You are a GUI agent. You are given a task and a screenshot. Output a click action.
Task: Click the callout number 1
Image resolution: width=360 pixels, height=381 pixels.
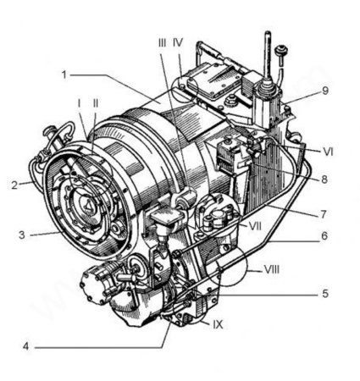(64, 75)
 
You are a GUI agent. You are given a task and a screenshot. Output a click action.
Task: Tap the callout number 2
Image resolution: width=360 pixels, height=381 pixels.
(14, 185)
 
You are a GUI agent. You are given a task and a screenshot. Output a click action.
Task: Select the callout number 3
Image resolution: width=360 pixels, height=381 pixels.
(22, 235)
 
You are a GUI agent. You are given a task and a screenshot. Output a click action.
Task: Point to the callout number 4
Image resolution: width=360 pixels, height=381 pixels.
(26, 346)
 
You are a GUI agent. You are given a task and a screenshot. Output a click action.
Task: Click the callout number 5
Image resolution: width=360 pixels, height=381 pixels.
(325, 294)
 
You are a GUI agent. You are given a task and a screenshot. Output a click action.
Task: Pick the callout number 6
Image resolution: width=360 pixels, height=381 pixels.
(324, 235)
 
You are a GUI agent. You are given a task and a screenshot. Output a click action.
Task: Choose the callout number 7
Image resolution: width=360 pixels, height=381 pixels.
(324, 214)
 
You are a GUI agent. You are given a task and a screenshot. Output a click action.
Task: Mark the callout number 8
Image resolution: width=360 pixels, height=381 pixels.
(324, 179)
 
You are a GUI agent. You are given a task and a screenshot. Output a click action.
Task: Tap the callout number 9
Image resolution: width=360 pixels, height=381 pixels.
(325, 91)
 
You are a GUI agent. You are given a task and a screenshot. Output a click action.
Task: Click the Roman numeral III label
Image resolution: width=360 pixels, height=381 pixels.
(162, 43)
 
